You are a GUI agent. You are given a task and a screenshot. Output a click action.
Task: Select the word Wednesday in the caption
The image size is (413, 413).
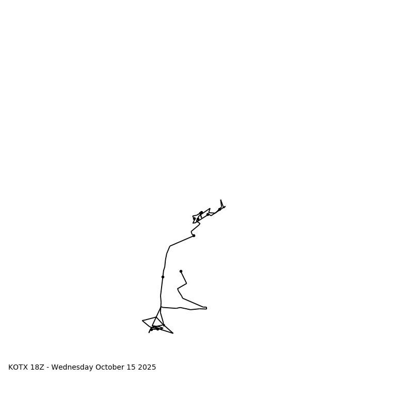click(x=72, y=368)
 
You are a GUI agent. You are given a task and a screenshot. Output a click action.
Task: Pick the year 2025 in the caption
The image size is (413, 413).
click(x=147, y=368)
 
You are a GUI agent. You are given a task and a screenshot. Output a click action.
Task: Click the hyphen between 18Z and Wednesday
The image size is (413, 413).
click(x=48, y=368)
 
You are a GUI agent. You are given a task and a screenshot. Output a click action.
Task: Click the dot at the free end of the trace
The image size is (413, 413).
click(x=181, y=271)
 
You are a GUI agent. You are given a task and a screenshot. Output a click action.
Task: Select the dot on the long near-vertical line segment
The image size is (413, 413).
click(x=163, y=277)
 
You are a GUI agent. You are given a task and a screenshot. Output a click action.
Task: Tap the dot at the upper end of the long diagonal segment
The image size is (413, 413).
click(x=194, y=235)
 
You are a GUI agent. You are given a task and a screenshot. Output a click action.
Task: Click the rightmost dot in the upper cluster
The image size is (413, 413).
click(x=219, y=209)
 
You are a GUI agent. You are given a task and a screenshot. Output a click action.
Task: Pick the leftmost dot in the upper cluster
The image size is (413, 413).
click(x=194, y=218)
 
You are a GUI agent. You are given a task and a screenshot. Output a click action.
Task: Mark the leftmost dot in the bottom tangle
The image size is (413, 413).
click(x=151, y=329)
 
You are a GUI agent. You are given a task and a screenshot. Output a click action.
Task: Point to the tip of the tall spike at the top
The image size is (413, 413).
click(x=221, y=200)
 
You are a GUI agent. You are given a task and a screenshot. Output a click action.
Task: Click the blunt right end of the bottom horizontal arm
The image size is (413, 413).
click(x=206, y=308)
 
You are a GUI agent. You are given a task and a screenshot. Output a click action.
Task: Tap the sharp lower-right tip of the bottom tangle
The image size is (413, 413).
click(x=173, y=333)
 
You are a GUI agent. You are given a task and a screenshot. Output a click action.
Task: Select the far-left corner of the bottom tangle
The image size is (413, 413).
click(x=142, y=321)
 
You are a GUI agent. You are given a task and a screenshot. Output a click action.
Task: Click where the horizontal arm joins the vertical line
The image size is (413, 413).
click(x=161, y=307)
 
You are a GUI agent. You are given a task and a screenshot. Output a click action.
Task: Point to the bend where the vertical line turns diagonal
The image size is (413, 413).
click(x=170, y=246)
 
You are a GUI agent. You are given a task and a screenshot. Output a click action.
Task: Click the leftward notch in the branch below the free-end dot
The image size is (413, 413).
click(x=178, y=289)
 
